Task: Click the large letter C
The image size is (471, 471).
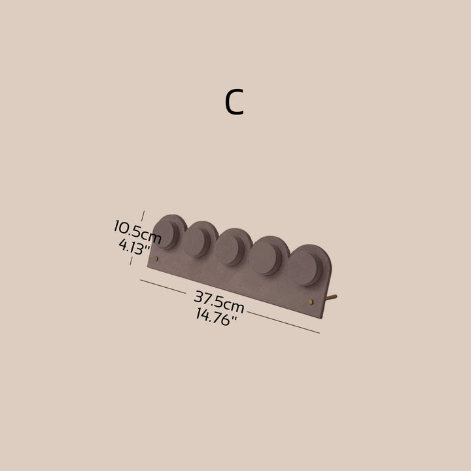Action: tap(234, 102)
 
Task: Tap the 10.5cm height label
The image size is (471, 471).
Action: tap(137, 232)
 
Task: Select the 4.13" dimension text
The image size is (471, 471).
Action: tap(134, 247)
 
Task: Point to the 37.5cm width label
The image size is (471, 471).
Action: tap(219, 302)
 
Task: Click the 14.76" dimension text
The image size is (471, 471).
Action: tap(217, 317)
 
